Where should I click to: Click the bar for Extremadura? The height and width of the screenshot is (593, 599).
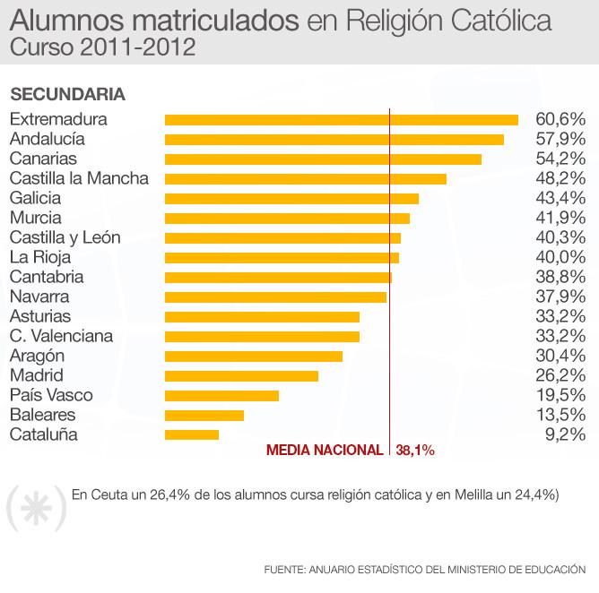pos(341,119)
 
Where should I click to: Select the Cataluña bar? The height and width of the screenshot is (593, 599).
pos(192,434)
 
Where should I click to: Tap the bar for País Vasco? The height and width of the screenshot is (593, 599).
pos(221,395)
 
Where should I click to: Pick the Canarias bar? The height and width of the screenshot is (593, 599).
pos(323,159)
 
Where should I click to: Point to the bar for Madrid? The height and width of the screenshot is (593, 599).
pos(241,375)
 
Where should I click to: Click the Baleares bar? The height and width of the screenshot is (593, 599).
pos(204,415)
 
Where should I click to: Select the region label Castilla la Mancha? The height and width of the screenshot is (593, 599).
pos(79,178)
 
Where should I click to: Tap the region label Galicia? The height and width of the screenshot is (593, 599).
pos(35,198)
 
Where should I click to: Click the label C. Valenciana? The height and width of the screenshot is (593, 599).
pos(61,336)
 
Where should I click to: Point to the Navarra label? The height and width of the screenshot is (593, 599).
pos(39,296)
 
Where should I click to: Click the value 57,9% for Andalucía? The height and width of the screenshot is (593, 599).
pos(560,139)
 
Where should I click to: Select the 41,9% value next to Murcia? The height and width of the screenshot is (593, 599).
pos(560,218)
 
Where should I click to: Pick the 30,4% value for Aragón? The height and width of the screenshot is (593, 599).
pos(560,356)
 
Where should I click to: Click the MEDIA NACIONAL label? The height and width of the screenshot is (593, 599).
pos(325,451)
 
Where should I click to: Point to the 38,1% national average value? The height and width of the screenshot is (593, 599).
pos(415,451)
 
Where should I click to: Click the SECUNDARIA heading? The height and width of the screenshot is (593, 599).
pos(67,94)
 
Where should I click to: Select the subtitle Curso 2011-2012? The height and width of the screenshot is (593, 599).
pos(103,47)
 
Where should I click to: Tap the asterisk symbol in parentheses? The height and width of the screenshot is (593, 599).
pos(37,510)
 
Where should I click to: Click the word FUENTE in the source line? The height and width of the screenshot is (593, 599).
pos(283,569)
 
